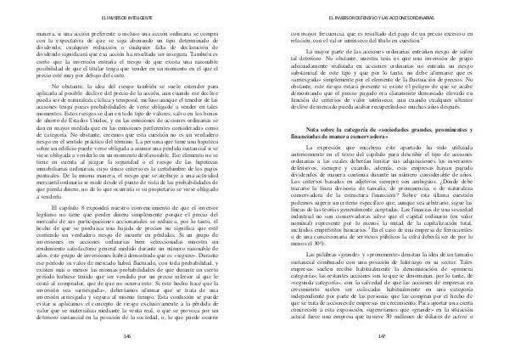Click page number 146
click(125, 336)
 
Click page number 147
click(382, 336)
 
